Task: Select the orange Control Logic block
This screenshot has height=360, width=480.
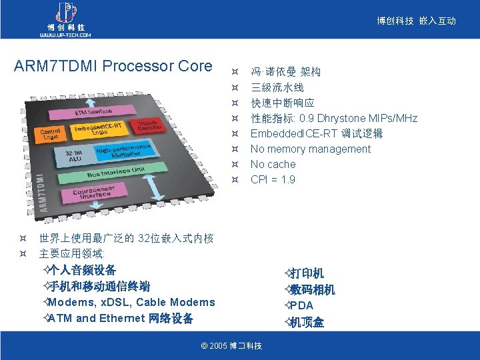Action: point(51,135)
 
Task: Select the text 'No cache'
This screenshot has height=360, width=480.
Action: point(273,164)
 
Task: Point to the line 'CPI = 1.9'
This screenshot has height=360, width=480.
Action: point(273,179)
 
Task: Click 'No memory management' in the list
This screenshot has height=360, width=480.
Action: point(310,149)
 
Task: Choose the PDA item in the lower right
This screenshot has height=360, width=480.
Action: point(301,305)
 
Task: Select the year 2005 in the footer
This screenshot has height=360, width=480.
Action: point(218,345)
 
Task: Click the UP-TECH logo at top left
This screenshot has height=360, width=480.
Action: point(65,19)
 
